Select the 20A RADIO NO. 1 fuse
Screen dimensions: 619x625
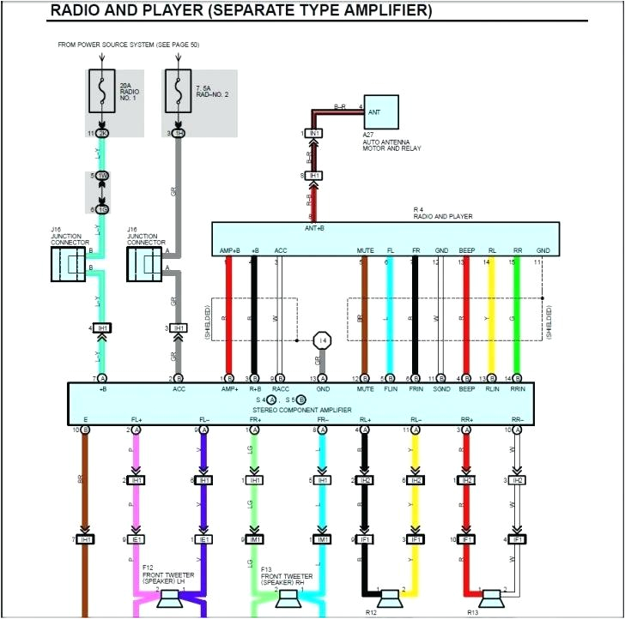(103, 91)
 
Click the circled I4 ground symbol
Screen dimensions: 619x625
(323, 340)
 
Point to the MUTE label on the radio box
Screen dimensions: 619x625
(366, 250)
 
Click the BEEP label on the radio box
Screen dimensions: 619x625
(466, 250)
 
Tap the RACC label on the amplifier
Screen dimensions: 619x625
(280, 389)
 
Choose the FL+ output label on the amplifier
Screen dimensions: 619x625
(136, 419)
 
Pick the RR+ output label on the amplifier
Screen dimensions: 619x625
(466, 419)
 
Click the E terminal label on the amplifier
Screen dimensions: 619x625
(85, 419)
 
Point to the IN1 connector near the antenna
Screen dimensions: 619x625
(315, 134)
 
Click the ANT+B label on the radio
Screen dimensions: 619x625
(314, 228)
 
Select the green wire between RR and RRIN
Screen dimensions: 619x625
(516, 317)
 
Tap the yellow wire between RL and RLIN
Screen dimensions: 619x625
(491, 317)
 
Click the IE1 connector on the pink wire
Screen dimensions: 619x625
(137, 539)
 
